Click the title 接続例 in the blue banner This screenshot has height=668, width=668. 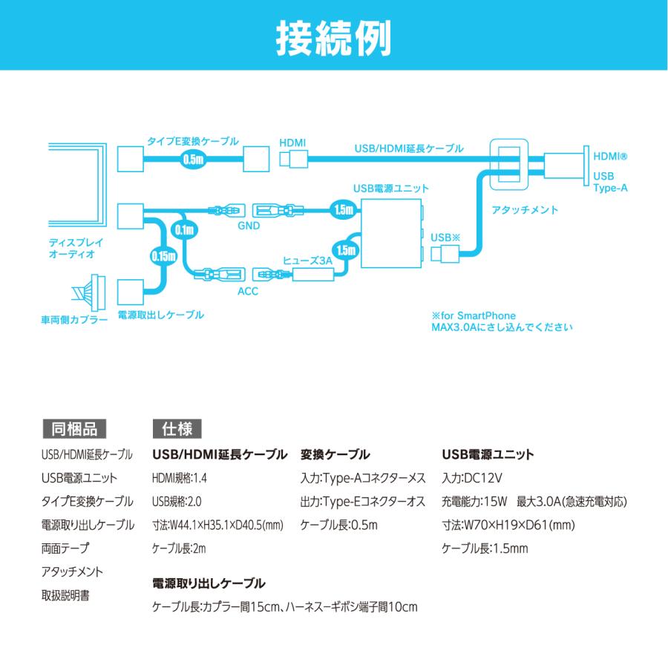pyautogui.click(x=333, y=39)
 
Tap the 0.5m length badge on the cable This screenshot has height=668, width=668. pyautogui.click(x=194, y=160)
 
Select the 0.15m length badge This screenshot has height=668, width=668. pyautogui.click(x=163, y=256)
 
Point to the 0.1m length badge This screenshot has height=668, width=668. pyautogui.click(x=185, y=230)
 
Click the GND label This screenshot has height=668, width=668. pyautogui.click(x=249, y=226)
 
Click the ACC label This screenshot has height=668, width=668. pyautogui.click(x=248, y=292)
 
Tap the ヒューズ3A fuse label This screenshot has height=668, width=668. pyautogui.click(x=307, y=261)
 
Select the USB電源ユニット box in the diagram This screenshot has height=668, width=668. pyautogui.click(x=391, y=233)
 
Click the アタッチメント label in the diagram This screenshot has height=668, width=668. pyautogui.click(x=525, y=209)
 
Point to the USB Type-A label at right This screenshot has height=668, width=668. pyautogui.click(x=610, y=182)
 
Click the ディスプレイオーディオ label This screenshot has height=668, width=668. pyautogui.click(x=76, y=249)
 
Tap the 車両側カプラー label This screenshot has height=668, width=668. pyautogui.click(x=74, y=319)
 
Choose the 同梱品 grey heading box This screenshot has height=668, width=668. pyautogui.click(x=74, y=428)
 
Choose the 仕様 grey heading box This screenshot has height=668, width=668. pyautogui.click(x=177, y=428)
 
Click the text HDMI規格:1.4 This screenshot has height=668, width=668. pyautogui.click(x=180, y=478)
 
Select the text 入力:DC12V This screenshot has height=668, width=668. pyautogui.click(x=471, y=478)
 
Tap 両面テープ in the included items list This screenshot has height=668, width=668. pyautogui.click(x=65, y=548)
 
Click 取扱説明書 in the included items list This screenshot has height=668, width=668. pyautogui.click(x=65, y=595)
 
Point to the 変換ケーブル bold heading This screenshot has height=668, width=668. pyautogui.click(x=335, y=454)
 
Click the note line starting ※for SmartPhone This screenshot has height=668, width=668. pyautogui.click(x=474, y=315)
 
